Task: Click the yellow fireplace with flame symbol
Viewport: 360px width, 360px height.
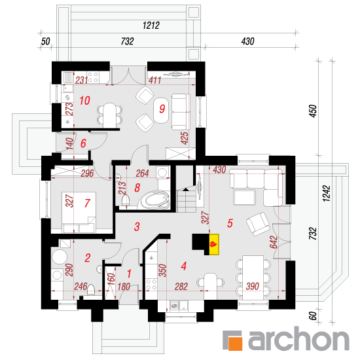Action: click(x=214, y=244)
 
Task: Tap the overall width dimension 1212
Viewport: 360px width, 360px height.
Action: click(x=151, y=26)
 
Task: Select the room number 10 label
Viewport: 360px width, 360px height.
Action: click(x=84, y=101)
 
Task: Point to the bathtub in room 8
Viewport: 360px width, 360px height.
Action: click(x=155, y=200)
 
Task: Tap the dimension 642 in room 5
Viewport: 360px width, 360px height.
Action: click(x=273, y=242)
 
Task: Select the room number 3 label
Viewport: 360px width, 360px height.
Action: click(x=137, y=226)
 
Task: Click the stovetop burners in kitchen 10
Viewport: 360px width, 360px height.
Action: click(x=93, y=77)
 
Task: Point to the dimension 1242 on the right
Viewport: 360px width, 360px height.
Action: click(x=326, y=194)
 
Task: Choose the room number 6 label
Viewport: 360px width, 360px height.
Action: click(x=83, y=143)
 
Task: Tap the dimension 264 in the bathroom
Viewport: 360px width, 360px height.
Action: click(x=142, y=173)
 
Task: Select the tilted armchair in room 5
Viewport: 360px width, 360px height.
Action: click(x=258, y=224)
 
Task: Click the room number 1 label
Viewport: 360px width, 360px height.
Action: click(x=129, y=274)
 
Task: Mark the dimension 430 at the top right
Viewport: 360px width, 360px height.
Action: click(x=247, y=41)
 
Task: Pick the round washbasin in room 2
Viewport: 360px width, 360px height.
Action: click(x=60, y=257)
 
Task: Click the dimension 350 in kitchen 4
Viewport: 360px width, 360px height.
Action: click(x=162, y=270)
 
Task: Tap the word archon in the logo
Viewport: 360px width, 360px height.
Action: click(x=298, y=339)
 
